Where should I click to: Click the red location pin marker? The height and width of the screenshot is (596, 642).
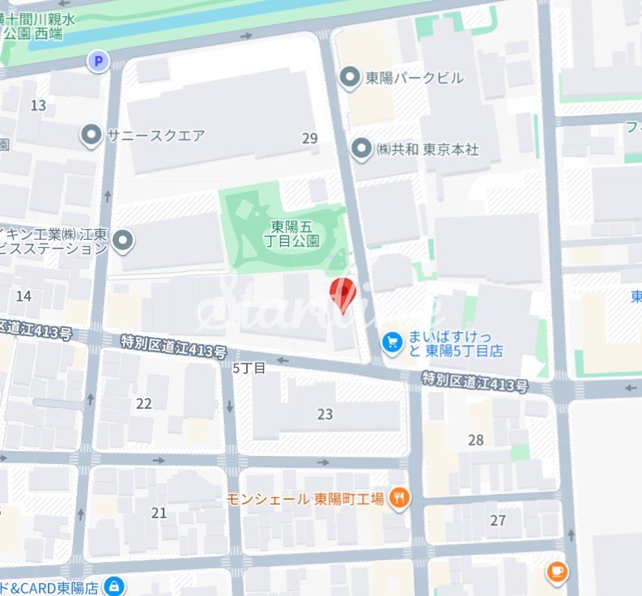[343, 293]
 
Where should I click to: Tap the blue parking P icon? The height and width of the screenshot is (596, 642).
[99, 61]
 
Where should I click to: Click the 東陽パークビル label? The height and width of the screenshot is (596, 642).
[414, 78]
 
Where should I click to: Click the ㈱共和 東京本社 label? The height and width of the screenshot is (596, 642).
[427, 150]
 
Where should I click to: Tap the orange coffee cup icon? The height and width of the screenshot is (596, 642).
[556, 573]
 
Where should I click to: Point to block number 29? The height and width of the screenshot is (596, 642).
[310, 138]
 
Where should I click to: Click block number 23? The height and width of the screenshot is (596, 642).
[325, 415]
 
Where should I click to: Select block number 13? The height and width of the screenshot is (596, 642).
[38, 105]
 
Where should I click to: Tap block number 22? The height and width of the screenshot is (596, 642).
[144, 404]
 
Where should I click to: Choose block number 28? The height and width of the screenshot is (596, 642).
[476, 440]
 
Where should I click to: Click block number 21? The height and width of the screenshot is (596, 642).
[159, 513]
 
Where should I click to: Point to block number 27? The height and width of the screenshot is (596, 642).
[498, 520]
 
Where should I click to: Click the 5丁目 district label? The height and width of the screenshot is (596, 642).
[249, 368]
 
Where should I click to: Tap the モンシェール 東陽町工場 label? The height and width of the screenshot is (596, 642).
[304, 499]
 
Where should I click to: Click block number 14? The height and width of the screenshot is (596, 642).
[23, 296]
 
